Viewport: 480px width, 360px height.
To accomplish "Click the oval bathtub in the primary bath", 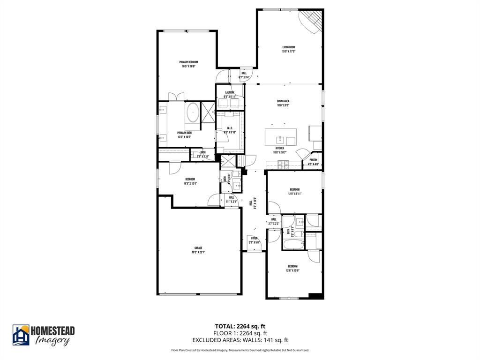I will coord(193,112).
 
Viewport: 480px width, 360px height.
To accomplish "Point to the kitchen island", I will coord(281,137).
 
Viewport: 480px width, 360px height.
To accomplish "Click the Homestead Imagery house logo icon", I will coord(21,335).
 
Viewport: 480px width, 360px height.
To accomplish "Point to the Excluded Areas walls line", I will coord(240,340).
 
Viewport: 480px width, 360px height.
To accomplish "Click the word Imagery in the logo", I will coord(52,341).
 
